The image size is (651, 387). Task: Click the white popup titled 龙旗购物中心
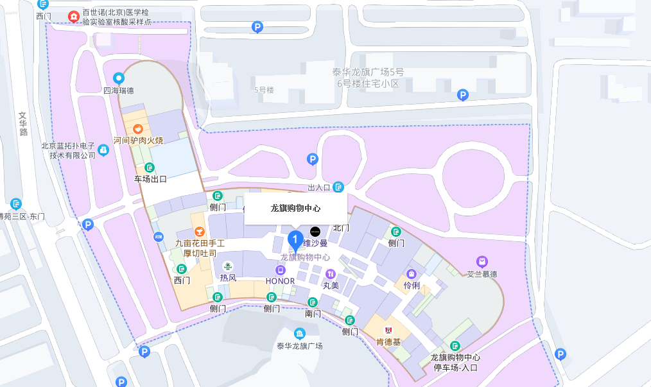click(x=295, y=209)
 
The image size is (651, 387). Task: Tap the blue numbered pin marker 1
click(x=295, y=241)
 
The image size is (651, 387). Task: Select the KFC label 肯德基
click(x=388, y=342)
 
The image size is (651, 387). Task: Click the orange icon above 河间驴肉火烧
click(x=138, y=129)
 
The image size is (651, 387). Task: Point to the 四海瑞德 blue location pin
click(x=118, y=78)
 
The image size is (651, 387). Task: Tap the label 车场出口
click(x=150, y=179)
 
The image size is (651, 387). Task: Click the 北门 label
click(x=341, y=228)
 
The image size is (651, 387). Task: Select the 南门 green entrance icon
click(x=313, y=302)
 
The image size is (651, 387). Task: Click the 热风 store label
click(x=228, y=278)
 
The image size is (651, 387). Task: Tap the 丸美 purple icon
click(x=331, y=274)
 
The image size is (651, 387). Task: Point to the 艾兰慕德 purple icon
click(x=482, y=261)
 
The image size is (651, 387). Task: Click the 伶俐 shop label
click(x=412, y=285)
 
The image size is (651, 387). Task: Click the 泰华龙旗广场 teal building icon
click(x=300, y=333)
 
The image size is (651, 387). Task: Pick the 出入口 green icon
click(x=339, y=187)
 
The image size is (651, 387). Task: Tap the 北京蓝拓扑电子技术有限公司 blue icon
click(x=104, y=150)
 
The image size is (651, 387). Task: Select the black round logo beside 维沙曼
click(x=315, y=231)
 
